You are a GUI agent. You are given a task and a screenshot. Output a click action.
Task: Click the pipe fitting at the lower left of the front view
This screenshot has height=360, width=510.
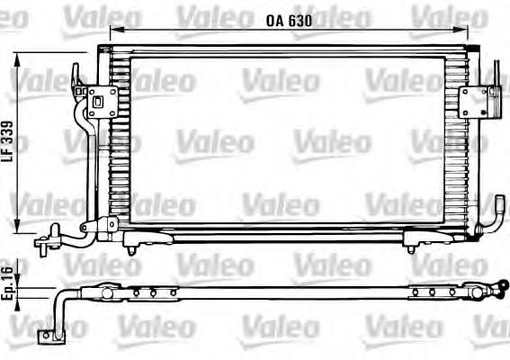45,240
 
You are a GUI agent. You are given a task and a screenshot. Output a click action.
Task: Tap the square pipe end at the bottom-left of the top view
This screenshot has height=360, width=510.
42,336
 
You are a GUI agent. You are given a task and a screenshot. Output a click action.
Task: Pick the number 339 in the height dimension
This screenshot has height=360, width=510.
8,132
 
